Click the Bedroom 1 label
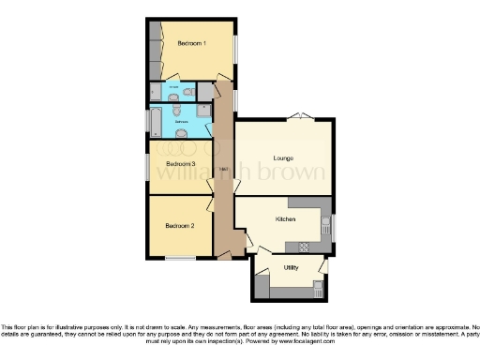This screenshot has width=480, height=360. coord(191,43)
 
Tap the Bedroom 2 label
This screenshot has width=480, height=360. coord(179,226)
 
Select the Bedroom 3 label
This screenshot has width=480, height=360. coord(179,163)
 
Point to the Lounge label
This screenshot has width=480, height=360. coord(284,157)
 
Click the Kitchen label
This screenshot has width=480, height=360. coord(285,218)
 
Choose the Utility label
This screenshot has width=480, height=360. coord(291,267)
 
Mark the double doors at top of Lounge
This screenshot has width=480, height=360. coord(297,116)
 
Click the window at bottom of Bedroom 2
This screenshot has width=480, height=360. coord(180,258)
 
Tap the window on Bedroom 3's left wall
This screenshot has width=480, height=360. coord(147,165)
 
